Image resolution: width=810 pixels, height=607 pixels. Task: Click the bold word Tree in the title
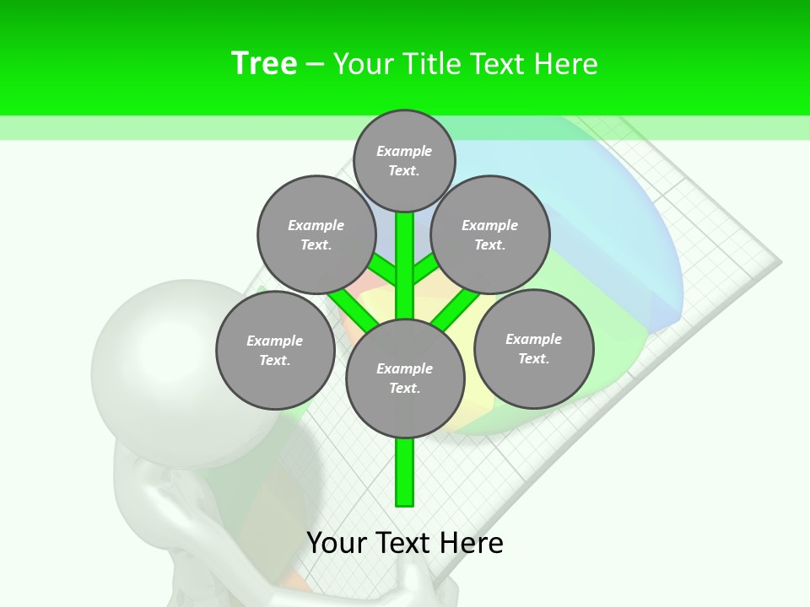(x=264, y=63)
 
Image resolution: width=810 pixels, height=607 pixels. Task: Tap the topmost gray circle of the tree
(x=404, y=160)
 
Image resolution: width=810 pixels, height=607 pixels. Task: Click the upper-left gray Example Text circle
(x=316, y=234)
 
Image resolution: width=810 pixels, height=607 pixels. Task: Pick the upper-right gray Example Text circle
(x=490, y=234)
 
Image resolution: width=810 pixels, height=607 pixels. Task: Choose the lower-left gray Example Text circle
(x=275, y=350)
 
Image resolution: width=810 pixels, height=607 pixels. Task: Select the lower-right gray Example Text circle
(x=533, y=348)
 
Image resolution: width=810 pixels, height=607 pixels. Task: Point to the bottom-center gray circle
(x=405, y=378)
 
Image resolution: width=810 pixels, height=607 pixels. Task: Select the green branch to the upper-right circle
(x=425, y=270)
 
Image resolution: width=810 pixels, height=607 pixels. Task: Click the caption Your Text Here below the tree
(x=405, y=543)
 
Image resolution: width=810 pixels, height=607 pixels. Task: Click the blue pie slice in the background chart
(x=624, y=228)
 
